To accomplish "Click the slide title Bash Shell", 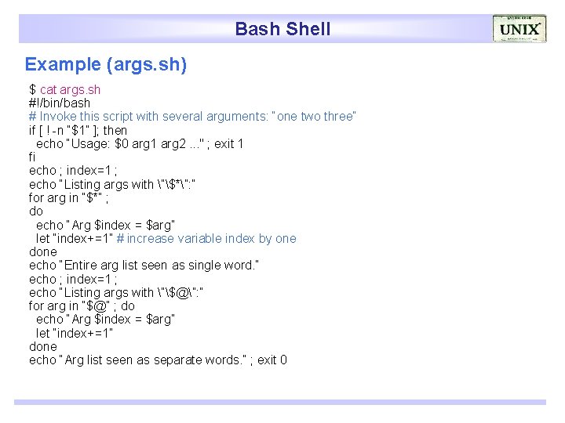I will (282, 29).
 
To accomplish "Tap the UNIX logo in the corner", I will (519, 29).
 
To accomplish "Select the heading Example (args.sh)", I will (106, 64).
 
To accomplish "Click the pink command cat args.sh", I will (71, 89).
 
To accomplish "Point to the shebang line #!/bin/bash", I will (60, 103).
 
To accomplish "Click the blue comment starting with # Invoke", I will (192, 116).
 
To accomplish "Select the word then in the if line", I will (115, 130).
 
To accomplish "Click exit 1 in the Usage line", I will (228, 143).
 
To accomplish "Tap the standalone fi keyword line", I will (32, 157).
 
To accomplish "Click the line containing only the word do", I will (36, 211).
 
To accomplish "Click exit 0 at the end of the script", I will (272, 360).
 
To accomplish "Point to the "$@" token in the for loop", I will (99, 306).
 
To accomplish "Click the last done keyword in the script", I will (42, 346).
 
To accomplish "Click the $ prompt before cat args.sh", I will (33, 89).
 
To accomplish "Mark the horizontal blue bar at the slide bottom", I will (280, 402).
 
